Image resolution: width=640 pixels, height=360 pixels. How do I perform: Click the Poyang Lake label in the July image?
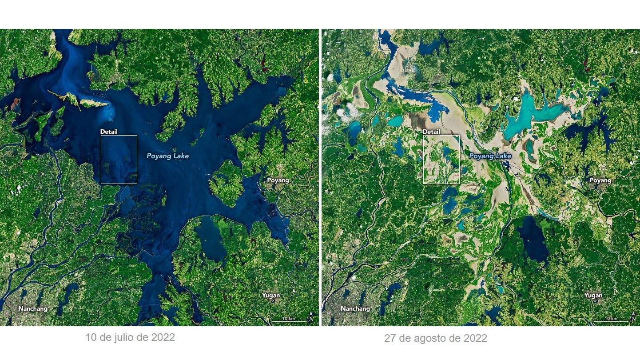167,156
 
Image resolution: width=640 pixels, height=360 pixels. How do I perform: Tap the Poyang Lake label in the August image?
490,156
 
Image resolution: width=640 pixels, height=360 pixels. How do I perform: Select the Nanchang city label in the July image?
32,308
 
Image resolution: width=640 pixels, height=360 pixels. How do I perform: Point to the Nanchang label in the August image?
355,308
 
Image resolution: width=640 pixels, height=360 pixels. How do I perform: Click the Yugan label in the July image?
271,295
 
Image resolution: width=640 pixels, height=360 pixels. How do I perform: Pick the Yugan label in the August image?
593,295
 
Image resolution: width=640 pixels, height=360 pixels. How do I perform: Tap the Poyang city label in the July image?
278,180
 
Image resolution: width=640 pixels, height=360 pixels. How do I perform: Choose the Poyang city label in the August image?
600,180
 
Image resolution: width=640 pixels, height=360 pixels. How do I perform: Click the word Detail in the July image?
109,132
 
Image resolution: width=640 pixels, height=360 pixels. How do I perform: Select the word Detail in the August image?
431,132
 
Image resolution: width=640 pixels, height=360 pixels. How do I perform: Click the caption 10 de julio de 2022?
130,337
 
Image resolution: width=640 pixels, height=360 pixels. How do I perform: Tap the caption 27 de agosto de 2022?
435,338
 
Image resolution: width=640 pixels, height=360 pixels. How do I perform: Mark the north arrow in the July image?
312,317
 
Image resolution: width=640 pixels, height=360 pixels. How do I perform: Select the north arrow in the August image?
635,317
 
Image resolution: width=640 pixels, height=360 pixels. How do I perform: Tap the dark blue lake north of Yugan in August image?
533,240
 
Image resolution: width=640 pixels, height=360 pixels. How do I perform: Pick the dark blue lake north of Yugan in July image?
211,240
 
